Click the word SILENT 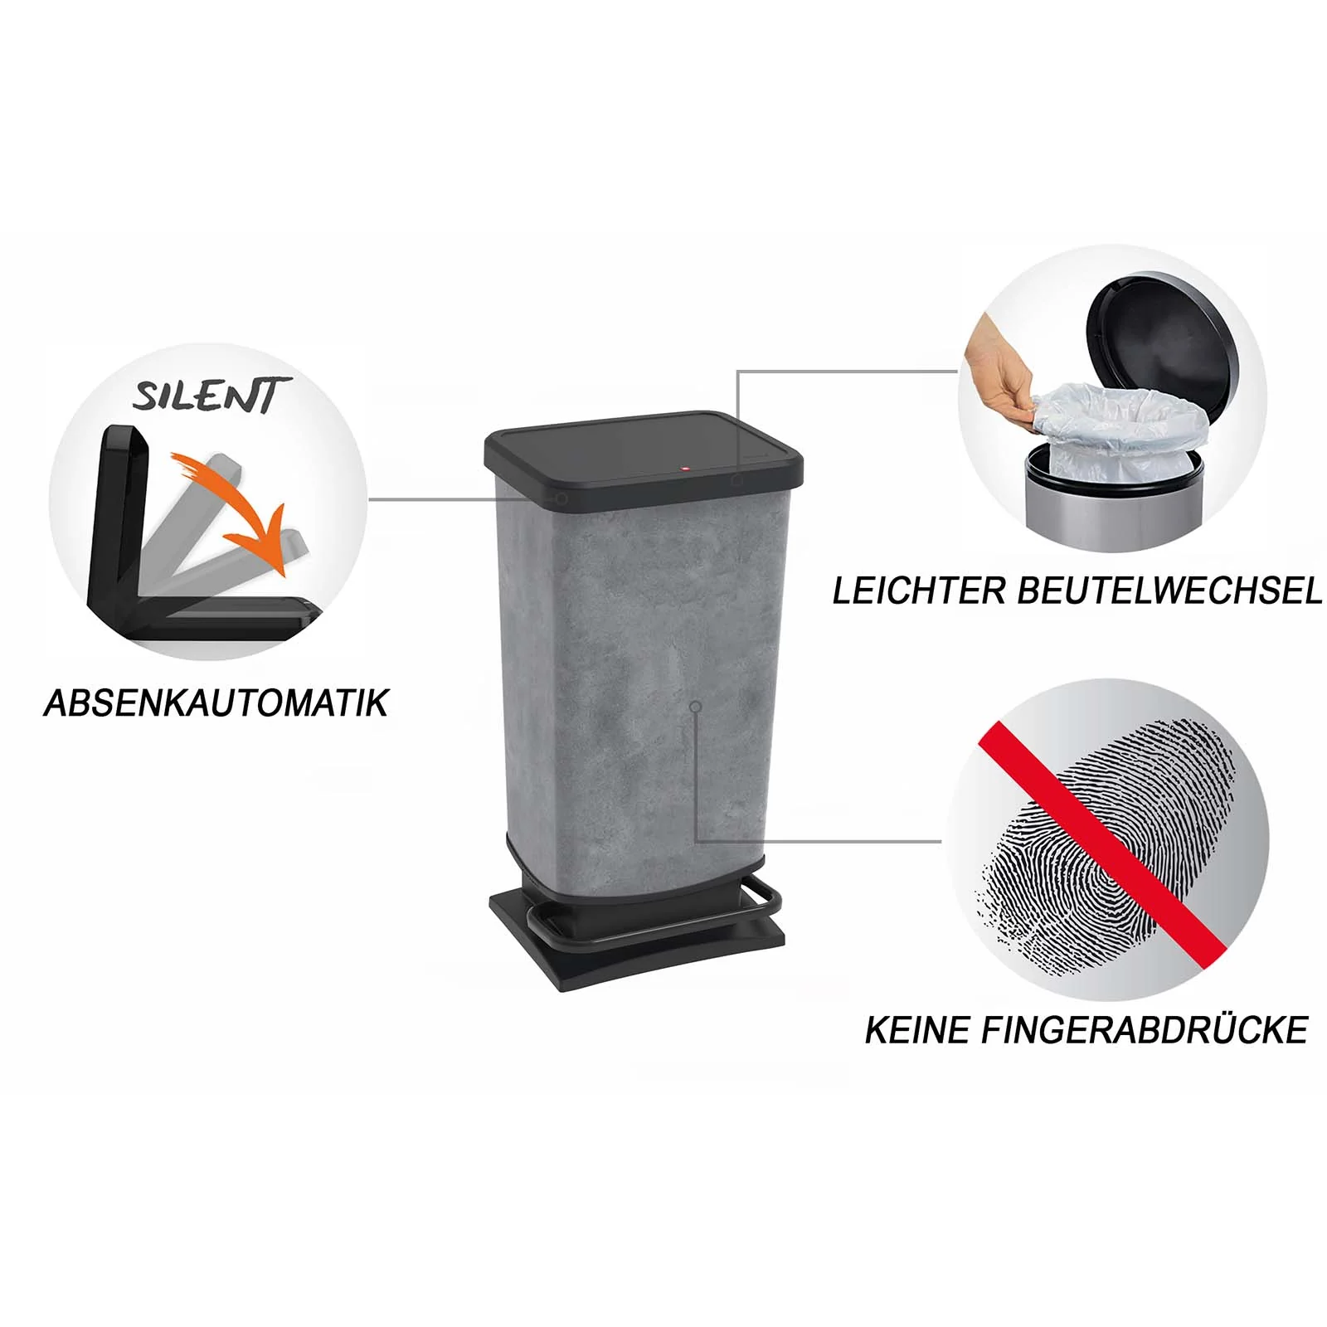[212, 395]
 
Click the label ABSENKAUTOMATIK [216, 703]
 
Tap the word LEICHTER [918, 591]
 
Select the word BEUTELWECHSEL [1169, 591]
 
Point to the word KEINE [918, 1030]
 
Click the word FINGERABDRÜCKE [1145, 1030]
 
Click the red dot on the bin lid [685, 470]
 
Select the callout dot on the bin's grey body [696, 706]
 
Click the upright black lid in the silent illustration [116, 514]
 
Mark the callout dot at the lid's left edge [562, 499]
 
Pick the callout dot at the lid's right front [736, 479]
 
